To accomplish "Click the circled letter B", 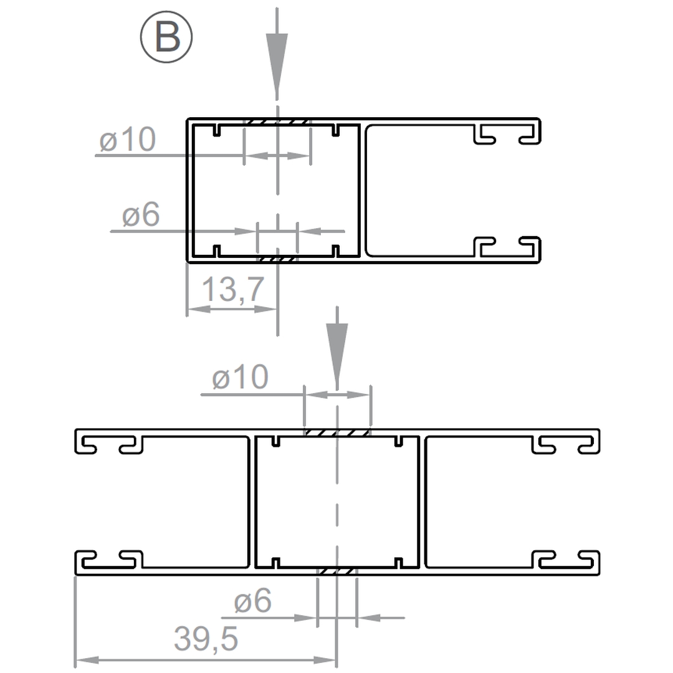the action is coord(166,37).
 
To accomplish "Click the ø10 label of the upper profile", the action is coord(128,140).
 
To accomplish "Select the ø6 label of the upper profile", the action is coord(141,214).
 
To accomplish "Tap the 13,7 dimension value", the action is coord(232,290).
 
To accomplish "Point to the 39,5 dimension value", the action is coord(206,639).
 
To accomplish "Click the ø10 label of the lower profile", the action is coord(241,377).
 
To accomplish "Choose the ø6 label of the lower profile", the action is coord(253,601).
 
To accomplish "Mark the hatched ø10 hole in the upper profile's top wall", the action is coord(277,122).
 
